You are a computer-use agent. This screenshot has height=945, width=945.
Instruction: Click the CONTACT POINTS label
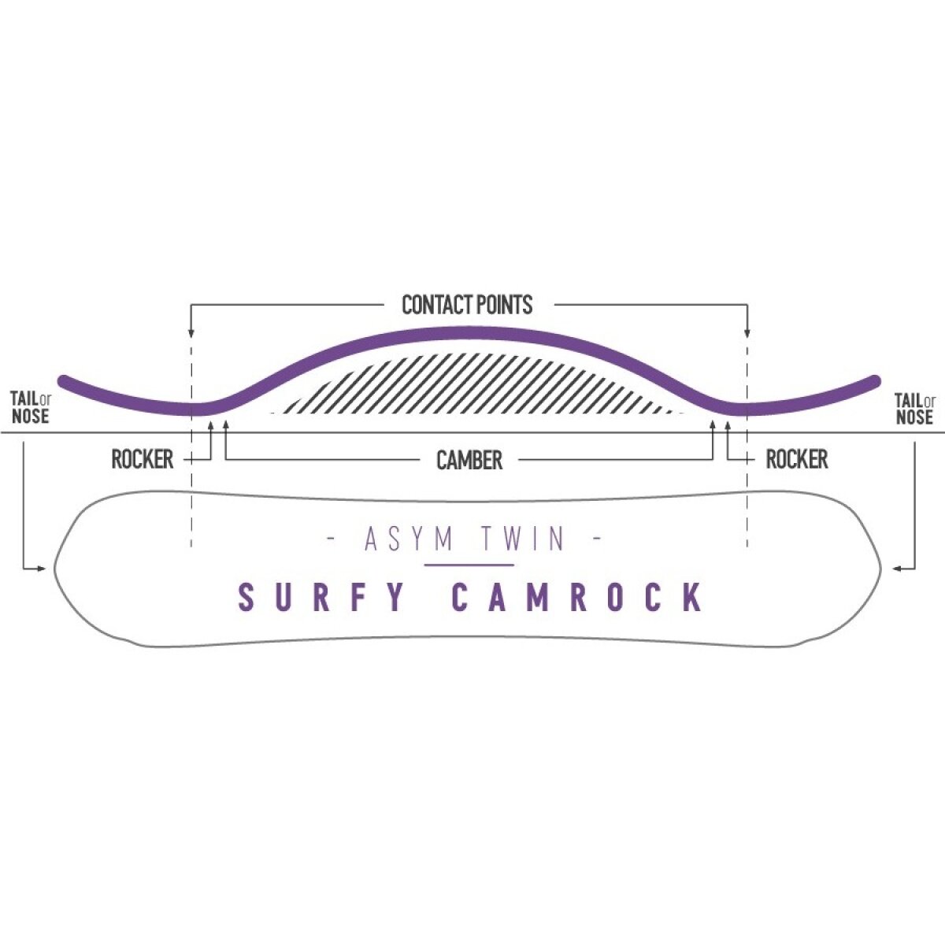467,305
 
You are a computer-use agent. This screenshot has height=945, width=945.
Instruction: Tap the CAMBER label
469,461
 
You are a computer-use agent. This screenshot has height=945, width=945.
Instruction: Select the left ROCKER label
142,460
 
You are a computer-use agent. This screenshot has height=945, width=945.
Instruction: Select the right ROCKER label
796,460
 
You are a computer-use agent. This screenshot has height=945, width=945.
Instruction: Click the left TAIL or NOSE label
31,408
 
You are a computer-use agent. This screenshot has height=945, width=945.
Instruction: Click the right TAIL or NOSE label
914,408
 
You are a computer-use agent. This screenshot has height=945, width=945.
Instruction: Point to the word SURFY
323,598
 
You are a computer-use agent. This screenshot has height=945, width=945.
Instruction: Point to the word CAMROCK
577,598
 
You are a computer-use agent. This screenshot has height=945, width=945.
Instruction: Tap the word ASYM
409,539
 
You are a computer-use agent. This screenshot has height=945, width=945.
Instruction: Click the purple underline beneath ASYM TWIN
469,565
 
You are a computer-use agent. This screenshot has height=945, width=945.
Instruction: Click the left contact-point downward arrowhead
191,332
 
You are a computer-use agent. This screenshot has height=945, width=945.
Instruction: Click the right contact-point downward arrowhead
747,332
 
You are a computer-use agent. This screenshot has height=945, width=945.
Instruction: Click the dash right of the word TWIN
596,539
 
